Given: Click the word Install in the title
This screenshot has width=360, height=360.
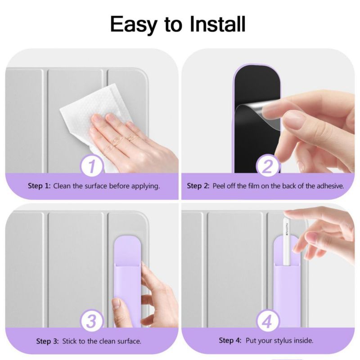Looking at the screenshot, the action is click(218, 24).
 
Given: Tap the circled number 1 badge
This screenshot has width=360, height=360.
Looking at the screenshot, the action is click(92, 166).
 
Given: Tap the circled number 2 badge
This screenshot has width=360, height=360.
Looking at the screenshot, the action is click(268, 166).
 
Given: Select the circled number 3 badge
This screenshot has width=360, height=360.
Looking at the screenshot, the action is click(92, 321).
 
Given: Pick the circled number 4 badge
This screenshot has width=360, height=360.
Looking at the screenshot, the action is click(268, 321).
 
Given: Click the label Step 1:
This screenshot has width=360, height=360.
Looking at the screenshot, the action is click(39, 186).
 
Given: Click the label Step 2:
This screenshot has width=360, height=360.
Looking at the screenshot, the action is click(198, 186).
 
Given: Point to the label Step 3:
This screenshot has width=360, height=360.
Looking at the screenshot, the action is click(48, 341).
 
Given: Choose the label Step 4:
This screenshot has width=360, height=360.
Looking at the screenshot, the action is click(230, 340).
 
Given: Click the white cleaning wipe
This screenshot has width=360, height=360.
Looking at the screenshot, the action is click(94, 121).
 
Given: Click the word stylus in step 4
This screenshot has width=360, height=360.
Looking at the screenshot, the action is click(277, 341).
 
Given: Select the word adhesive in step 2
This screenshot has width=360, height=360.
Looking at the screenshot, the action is click(330, 186).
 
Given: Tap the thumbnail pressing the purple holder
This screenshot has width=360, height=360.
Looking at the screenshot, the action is click(117, 303).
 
